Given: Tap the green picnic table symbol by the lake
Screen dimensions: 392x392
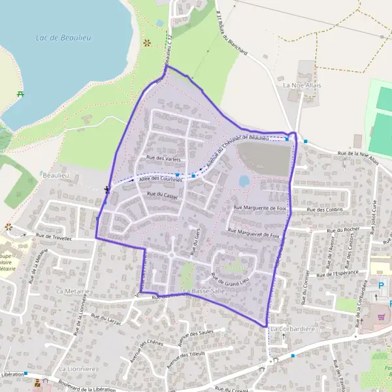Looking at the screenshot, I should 21,95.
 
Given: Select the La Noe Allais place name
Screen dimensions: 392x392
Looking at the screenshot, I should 299,85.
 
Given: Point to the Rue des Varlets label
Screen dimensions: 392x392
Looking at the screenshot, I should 163,159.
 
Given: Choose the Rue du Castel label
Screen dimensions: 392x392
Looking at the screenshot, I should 162,195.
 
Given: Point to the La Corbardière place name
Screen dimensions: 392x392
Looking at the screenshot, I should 293,329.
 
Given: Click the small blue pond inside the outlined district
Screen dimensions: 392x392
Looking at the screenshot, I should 244,180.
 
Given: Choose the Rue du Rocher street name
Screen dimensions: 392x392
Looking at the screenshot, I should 344,230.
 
